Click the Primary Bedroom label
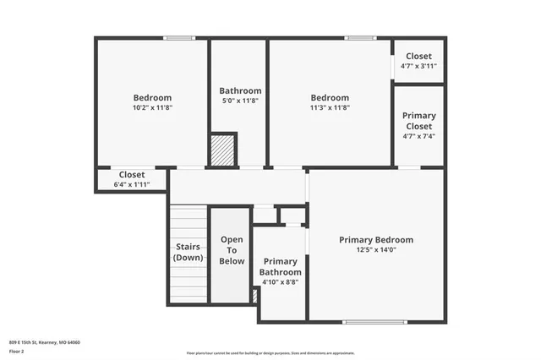click(x=376, y=240)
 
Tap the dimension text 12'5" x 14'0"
click(x=376, y=251)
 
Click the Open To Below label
click(x=232, y=250)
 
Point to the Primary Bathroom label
click(x=281, y=266)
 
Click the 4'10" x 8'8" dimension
click(x=281, y=283)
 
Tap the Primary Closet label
click(x=418, y=121)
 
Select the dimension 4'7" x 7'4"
click(x=418, y=136)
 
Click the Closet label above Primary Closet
click(x=418, y=57)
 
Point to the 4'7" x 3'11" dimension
click(x=418, y=67)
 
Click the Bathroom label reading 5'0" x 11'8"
click(x=240, y=91)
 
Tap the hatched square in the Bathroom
click(x=222, y=149)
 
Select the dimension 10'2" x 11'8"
click(x=152, y=108)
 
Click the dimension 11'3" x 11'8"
click(x=330, y=108)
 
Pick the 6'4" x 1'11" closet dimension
click(x=131, y=184)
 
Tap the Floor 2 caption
click(x=18, y=351)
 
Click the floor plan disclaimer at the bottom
click(x=270, y=352)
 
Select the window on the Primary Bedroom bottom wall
click(x=369, y=322)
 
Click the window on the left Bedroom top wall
click(x=178, y=37)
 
